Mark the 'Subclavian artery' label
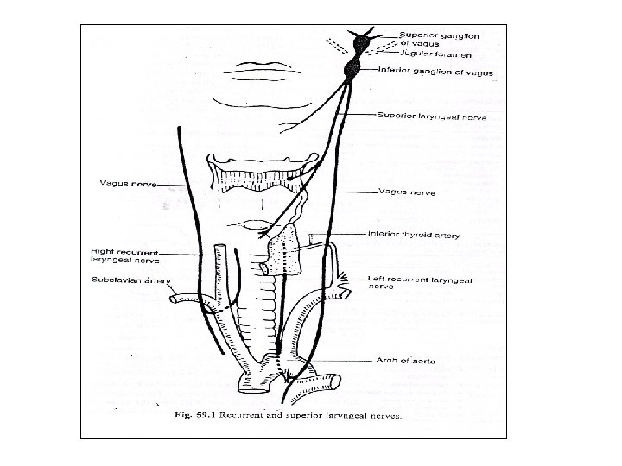pyautogui.click(x=122, y=280)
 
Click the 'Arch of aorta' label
pyautogui.click(x=399, y=360)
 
